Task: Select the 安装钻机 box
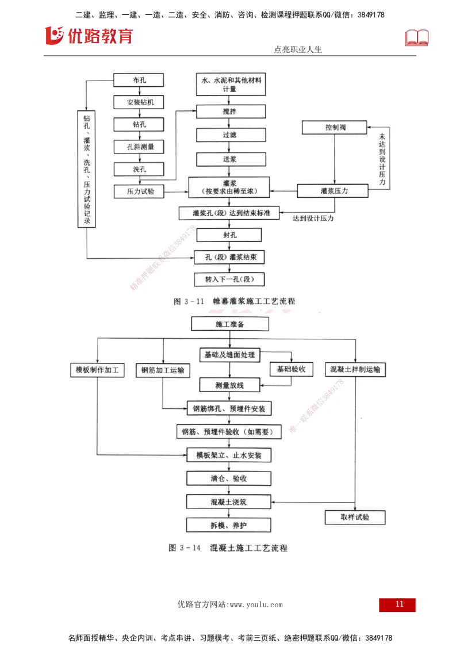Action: tap(139, 102)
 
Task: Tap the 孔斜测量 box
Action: tap(139, 147)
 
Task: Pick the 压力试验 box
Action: tap(139, 191)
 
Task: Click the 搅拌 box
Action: tap(231, 112)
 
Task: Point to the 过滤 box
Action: tap(231, 136)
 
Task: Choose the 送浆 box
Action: tap(231, 159)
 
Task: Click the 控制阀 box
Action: tap(334, 127)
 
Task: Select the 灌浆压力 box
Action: tap(333, 190)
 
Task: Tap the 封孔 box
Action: tap(229, 235)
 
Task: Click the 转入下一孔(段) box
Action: tap(229, 279)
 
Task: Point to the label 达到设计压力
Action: tap(313, 219)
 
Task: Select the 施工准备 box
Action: tap(230, 324)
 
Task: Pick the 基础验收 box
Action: tap(292, 369)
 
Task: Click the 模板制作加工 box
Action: tap(97, 370)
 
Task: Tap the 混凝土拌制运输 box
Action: tap(355, 369)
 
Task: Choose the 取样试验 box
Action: tap(355, 518)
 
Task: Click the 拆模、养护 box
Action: tap(228, 524)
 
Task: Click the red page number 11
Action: tap(398, 605)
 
